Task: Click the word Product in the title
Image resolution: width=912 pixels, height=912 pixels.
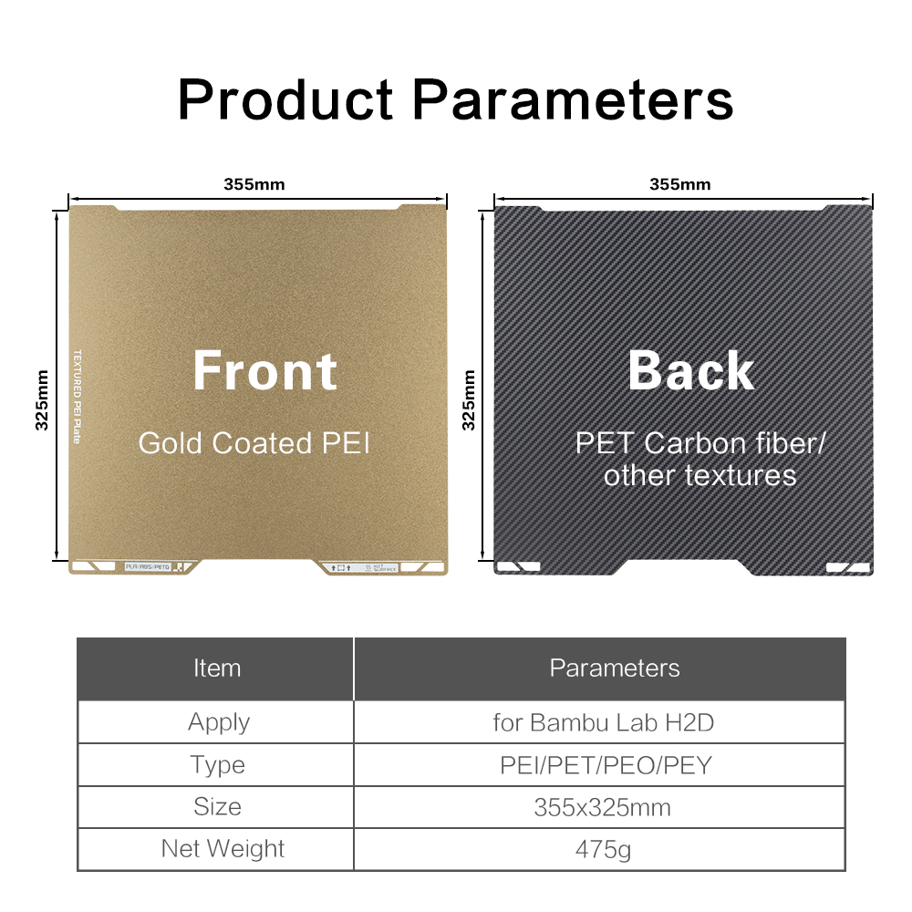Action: [285, 99]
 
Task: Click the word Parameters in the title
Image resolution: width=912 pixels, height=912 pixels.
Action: [574, 99]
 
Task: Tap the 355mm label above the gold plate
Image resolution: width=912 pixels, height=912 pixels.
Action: [254, 184]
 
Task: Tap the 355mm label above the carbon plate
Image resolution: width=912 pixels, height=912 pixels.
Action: [680, 184]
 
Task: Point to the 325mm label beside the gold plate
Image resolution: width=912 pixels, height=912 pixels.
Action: [41, 399]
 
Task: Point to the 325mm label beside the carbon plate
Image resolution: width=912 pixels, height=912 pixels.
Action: [469, 399]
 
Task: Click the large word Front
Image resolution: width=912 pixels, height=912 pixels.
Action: [264, 371]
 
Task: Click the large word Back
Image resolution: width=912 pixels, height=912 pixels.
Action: [690, 371]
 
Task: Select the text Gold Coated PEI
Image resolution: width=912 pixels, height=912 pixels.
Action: [254, 444]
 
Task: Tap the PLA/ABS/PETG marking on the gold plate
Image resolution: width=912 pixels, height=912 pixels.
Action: [148, 567]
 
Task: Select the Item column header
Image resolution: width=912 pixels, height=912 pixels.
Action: [217, 668]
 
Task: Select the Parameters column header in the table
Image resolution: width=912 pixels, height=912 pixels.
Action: [615, 668]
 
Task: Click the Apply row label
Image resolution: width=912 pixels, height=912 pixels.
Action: [219, 722]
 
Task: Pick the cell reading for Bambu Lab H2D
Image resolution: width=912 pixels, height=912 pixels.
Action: [603, 722]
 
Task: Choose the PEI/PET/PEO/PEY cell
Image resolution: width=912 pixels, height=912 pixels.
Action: [606, 765]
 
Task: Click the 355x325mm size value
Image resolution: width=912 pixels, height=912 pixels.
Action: [603, 807]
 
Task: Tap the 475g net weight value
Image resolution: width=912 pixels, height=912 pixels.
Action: [603, 849]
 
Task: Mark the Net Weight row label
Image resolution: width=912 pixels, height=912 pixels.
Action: [223, 849]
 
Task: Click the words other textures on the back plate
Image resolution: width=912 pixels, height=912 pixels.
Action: [700, 475]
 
